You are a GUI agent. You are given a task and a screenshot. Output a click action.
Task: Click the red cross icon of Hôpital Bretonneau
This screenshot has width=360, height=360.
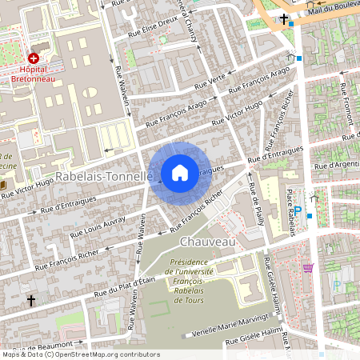pyautogui.click(x=34, y=58)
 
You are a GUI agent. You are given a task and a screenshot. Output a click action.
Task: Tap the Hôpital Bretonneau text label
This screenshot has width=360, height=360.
pyautogui.click(x=34, y=74)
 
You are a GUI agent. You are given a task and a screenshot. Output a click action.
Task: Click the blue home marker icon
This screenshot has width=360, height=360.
pyautogui.click(x=180, y=173)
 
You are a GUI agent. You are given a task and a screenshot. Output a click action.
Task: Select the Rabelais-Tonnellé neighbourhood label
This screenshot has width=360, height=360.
pyautogui.click(x=103, y=175)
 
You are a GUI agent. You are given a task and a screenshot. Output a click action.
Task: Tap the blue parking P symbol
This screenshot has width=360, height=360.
pyautogui.click(x=298, y=211)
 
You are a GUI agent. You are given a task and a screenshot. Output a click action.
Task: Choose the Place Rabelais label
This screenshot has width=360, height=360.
pyautogui.click(x=291, y=213)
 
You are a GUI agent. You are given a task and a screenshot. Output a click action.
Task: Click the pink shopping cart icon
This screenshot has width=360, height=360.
pyautogui.click(x=308, y=268)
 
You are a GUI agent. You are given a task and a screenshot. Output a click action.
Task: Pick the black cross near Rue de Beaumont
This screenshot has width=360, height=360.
pyautogui.click(x=31, y=301)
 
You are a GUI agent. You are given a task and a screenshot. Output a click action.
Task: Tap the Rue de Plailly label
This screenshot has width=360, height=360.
pyautogui.click(x=258, y=205)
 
